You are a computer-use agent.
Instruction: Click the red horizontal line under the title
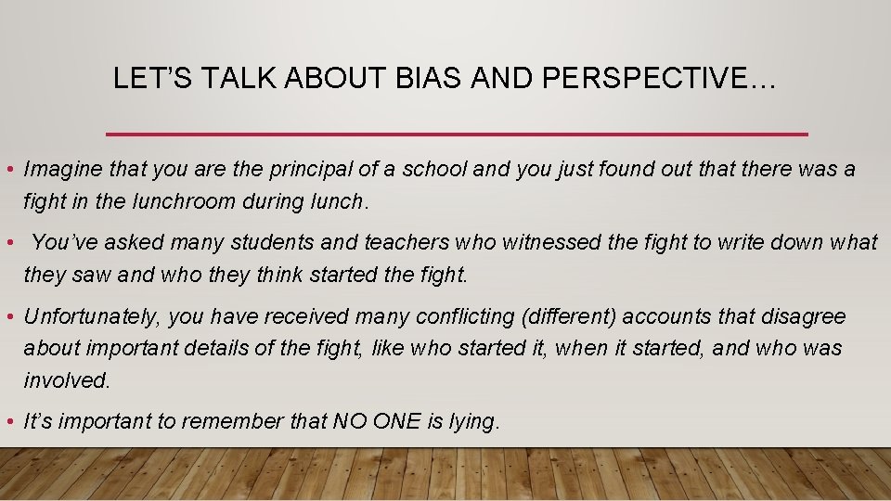click(x=458, y=135)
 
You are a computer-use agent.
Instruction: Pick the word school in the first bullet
click(x=433, y=170)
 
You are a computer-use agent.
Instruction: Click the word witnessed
click(x=550, y=243)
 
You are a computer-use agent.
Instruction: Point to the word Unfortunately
click(x=93, y=316)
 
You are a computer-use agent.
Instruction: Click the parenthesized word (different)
click(x=569, y=316)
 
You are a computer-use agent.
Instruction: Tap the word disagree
click(x=805, y=316)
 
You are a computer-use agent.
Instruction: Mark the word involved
click(x=67, y=379)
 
